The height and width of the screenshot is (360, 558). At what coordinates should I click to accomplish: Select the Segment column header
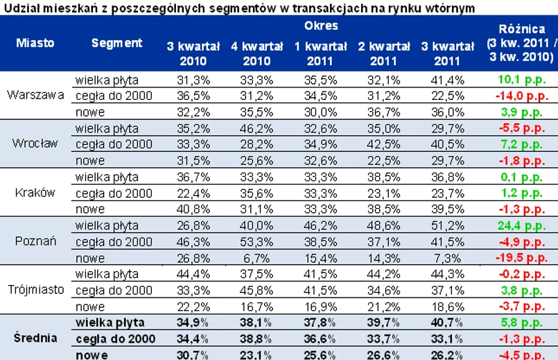pyautogui.click(x=116, y=42)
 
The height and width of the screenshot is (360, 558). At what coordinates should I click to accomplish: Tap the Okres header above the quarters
pyautogui.click(x=321, y=26)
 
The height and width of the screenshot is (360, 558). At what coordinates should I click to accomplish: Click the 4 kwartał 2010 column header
pyautogui.click(x=256, y=53)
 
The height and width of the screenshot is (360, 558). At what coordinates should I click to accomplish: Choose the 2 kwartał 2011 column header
pyautogui.click(x=383, y=53)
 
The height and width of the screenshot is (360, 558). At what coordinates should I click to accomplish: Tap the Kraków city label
pyautogui.click(x=35, y=192)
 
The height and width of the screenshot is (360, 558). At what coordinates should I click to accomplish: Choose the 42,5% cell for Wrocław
pyautogui.click(x=383, y=144)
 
